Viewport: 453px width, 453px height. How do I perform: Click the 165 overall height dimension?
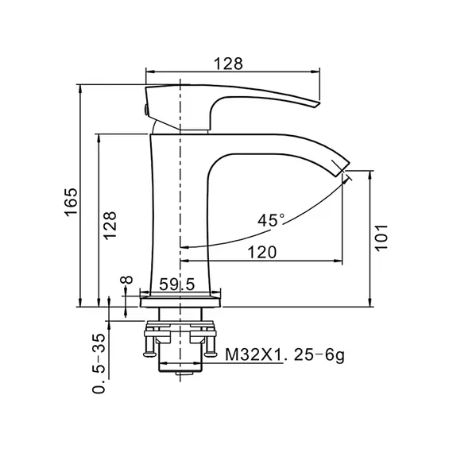click(x=71, y=202)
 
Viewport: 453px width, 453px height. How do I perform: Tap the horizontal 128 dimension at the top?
click(x=228, y=64)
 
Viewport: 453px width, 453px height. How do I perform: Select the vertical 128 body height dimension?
click(x=110, y=226)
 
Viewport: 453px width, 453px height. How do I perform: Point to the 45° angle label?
click(x=271, y=220)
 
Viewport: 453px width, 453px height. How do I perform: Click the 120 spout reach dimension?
click(x=262, y=252)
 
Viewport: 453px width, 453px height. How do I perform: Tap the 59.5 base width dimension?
click(x=177, y=285)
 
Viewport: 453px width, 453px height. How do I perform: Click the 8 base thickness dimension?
click(x=126, y=280)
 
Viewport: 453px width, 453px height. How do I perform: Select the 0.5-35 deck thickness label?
click(x=99, y=363)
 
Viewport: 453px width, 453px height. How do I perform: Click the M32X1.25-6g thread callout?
click(x=285, y=354)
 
